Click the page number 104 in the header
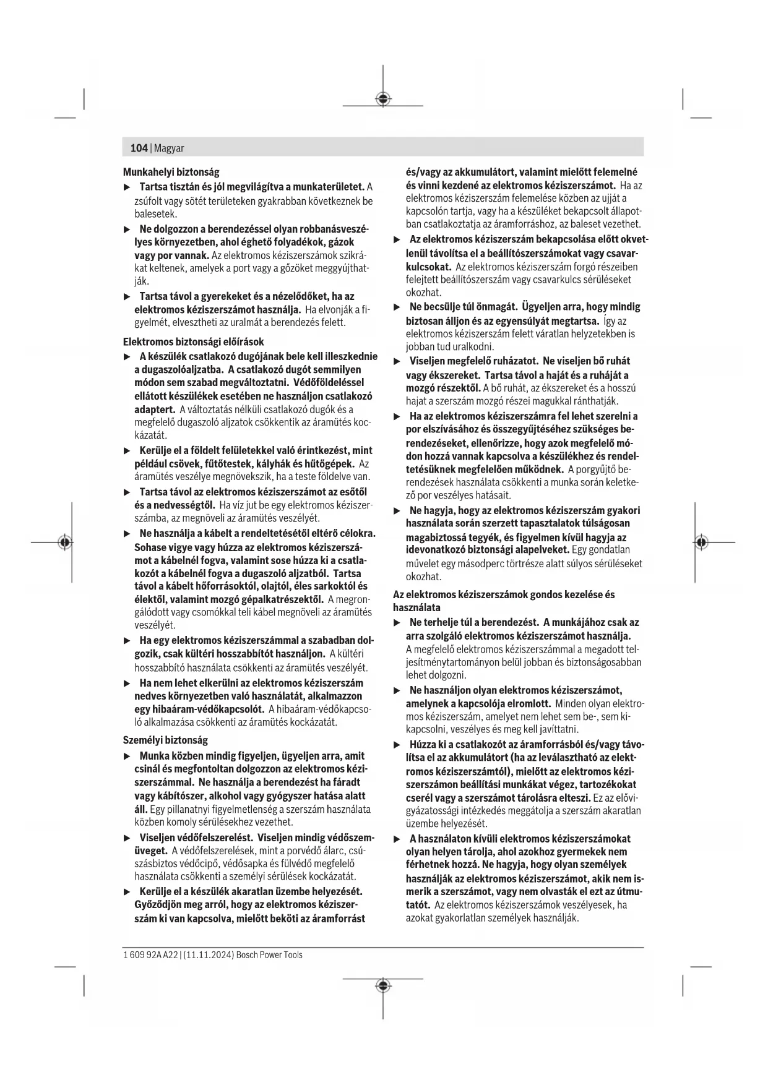point(139,148)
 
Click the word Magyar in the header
point(169,148)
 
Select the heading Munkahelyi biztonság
point(171,172)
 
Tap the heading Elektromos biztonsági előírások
point(193,341)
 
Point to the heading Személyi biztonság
point(165,740)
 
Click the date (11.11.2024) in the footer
point(209,954)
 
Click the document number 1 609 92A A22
point(150,954)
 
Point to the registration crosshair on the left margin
point(64,542)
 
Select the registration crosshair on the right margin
point(701,542)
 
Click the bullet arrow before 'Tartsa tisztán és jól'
point(127,187)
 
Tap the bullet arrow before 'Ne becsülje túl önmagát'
point(397,307)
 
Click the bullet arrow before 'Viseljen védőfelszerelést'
point(127,838)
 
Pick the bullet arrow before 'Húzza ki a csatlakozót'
point(397,744)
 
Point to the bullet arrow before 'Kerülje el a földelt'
point(127,450)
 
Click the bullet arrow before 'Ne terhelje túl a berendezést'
point(397,622)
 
